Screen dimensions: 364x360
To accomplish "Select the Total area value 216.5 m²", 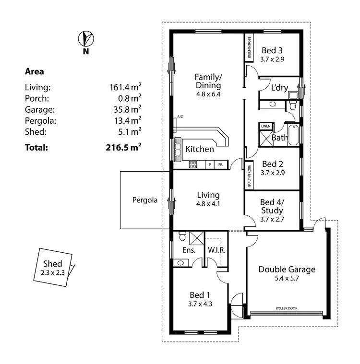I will click(123, 147).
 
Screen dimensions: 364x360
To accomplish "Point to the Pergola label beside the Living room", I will click(145, 200).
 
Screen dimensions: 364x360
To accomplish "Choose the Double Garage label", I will click(287, 269).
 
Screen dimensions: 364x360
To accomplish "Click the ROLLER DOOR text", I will click(287, 308).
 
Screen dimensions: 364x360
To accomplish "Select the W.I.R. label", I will click(217, 250).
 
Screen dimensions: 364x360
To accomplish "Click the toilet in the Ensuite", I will click(181, 236).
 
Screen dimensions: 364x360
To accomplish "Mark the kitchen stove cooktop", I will click(193, 164).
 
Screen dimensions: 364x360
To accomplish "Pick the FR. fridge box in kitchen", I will click(221, 164).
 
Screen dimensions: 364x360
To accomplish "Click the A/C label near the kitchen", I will click(180, 117).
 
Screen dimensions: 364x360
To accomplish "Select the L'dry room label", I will click(279, 88).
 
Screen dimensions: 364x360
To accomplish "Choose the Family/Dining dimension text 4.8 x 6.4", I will click(208, 94).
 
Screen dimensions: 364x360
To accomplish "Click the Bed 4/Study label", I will click(271, 206).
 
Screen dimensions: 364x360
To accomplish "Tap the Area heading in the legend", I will click(34, 72).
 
